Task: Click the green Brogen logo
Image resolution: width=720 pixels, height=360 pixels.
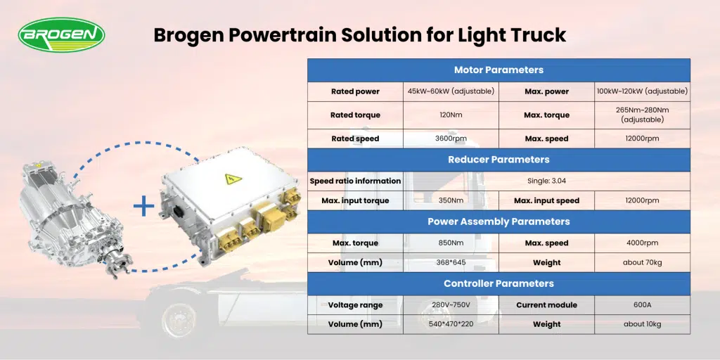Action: [x=62, y=35]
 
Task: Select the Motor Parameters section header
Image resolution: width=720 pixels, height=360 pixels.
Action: [x=499, y=70]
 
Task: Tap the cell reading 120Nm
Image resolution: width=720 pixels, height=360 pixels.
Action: [x=451, y=115]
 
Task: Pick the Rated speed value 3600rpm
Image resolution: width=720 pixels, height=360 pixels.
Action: [x=451, y=139]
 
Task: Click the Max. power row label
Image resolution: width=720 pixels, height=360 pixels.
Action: [x=546, y=91]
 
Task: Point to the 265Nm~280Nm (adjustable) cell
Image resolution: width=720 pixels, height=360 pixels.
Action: [x=643, y=115]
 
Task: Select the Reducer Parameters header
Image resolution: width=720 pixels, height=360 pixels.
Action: [x=499, y=160]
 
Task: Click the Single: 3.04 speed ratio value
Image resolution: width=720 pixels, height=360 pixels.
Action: [x=546, y=181]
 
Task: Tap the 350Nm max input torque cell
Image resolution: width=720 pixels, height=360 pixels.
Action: [x=451, y=200]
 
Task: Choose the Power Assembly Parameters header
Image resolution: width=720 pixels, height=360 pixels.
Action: [x=499, y=221]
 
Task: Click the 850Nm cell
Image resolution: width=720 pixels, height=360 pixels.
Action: [x=451, y=243]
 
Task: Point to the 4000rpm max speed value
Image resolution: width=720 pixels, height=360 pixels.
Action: [x=643, y=243]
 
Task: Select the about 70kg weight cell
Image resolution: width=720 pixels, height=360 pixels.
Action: [x=643, y=263]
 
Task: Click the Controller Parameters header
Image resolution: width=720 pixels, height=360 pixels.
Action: [x=499, y=284]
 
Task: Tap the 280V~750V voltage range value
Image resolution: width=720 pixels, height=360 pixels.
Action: [x=451, y=305]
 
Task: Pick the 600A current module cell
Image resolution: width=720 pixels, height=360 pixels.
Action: [x=643, y=305]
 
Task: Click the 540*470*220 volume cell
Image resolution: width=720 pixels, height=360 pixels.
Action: [x=451, y=324]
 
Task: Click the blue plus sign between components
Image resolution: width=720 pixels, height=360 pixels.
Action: [x=143, y=207]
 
